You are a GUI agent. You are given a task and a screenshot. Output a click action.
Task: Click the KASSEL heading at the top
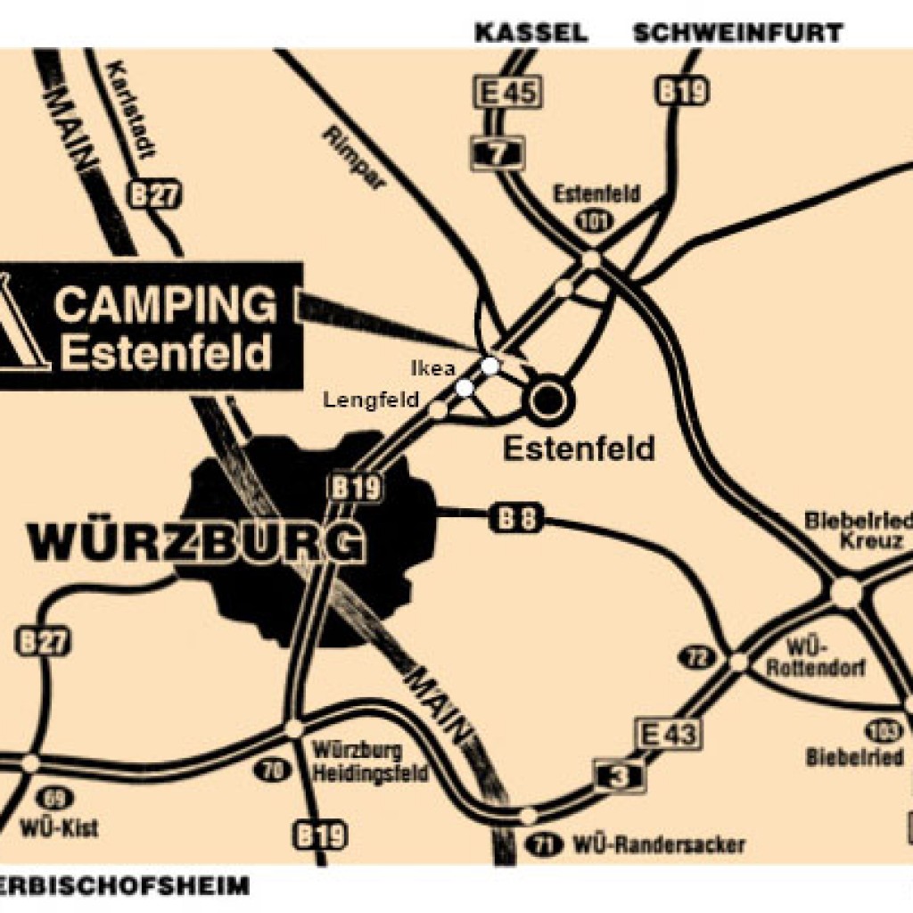[531, 33]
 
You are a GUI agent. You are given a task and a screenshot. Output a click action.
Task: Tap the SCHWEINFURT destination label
[737, 33]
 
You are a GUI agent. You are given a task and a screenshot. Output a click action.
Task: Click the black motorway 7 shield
[497, 152]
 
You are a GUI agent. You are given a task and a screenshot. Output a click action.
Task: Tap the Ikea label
[433, 367]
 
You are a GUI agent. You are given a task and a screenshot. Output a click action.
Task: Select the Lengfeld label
[371, 400]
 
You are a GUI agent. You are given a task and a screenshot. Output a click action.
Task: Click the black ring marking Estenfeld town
[547, 399]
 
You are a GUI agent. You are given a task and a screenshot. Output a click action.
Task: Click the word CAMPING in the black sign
[166, 306]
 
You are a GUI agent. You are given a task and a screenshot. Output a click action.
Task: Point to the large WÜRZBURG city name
[197, 543]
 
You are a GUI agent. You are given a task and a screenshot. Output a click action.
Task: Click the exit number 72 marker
[695, 657]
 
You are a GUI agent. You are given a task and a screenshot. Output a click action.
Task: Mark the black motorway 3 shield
[620, 776]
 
